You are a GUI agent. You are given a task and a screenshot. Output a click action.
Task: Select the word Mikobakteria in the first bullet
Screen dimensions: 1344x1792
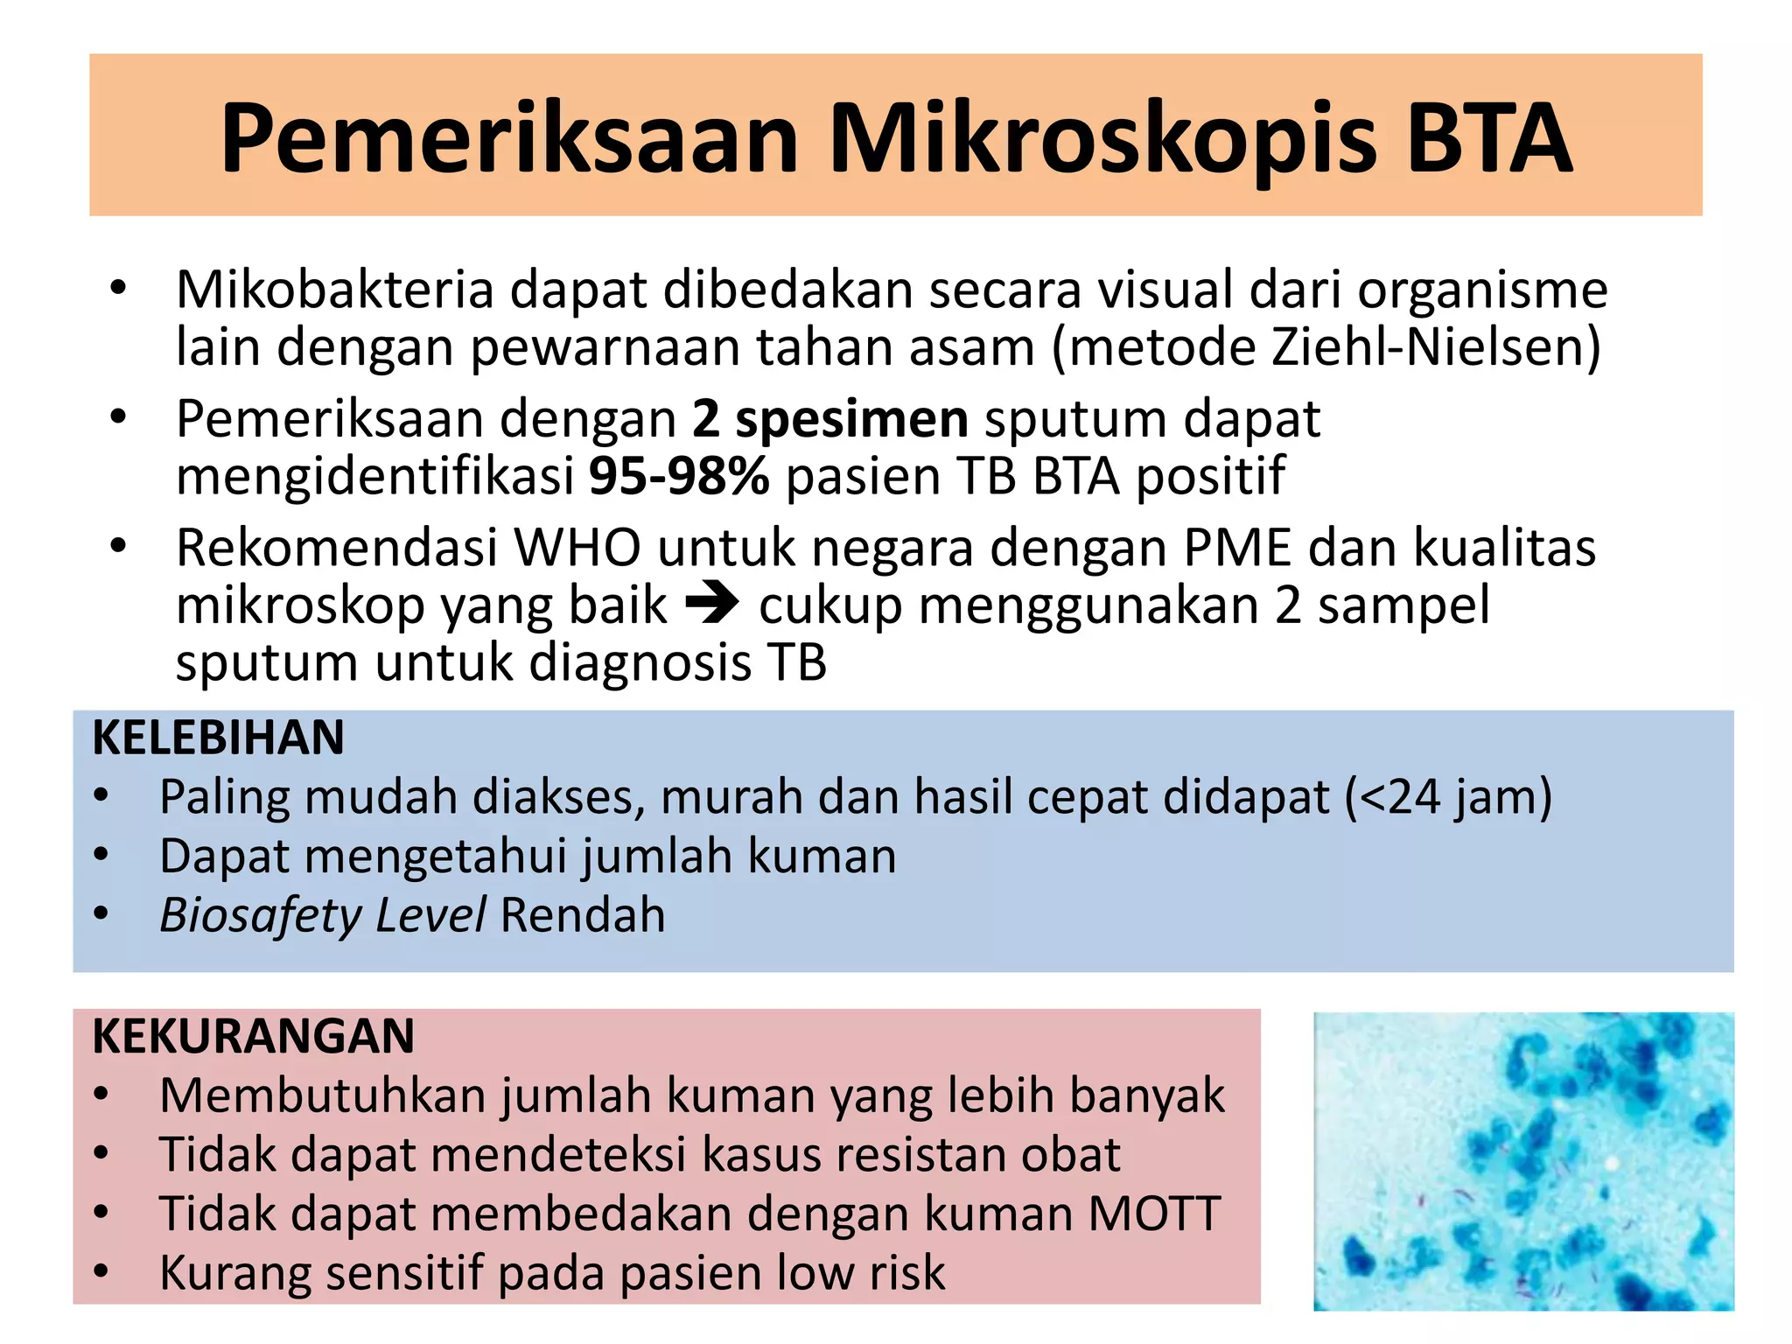click(x=335, y=290)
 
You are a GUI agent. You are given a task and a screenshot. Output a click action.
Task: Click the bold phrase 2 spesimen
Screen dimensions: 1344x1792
click(x=829, y=419)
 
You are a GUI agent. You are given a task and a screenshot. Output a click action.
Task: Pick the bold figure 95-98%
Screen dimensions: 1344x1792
click(x=679, y=477)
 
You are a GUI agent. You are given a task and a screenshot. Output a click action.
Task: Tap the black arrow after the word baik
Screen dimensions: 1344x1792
click(x=712, y=604)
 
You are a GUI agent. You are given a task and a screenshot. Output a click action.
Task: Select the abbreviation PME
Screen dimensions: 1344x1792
click(x=1237, y=549)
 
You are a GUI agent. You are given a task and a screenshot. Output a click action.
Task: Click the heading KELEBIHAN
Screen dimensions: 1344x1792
click(x=218, y=738)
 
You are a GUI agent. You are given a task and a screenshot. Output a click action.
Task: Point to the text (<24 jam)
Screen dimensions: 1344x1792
click(x=1448, y=797)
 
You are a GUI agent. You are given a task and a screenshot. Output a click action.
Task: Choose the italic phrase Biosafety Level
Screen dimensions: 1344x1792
click(x=322, y=916)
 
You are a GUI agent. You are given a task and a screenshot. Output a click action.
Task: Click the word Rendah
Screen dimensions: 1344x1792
click(x=583, y=916)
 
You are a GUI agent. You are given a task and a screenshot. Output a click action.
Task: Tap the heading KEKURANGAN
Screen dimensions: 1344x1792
click(x=254, y=1037)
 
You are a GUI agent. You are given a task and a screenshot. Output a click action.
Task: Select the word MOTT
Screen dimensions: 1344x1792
click(x=1154, y=1214)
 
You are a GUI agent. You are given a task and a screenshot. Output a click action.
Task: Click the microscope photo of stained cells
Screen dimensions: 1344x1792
click(x=1523, y=1161)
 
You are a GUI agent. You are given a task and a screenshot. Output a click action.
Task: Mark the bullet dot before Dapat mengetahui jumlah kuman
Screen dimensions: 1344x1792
click(x=101, y=855)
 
